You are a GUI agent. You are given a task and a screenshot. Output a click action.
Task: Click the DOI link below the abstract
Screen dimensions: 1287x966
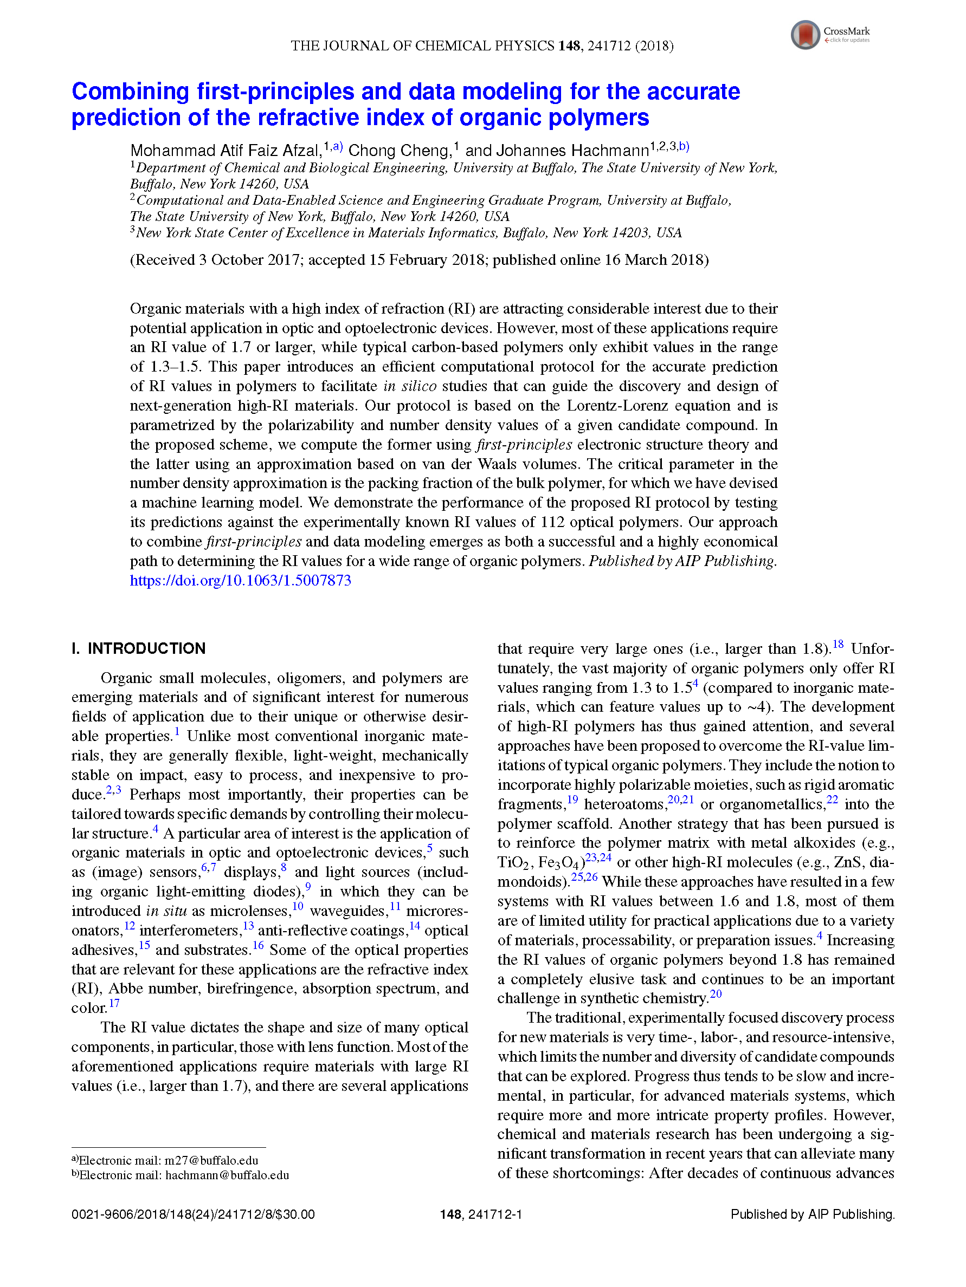click(x=240, y=580)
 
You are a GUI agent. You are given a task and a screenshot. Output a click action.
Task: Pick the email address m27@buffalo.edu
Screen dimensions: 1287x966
click(x=211, y=1161)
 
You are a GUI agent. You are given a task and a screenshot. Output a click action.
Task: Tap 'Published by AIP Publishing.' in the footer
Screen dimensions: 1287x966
click(x=812, y=1214)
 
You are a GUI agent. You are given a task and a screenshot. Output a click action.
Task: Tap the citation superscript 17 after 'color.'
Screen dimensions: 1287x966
click(x=114, y=1004)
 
